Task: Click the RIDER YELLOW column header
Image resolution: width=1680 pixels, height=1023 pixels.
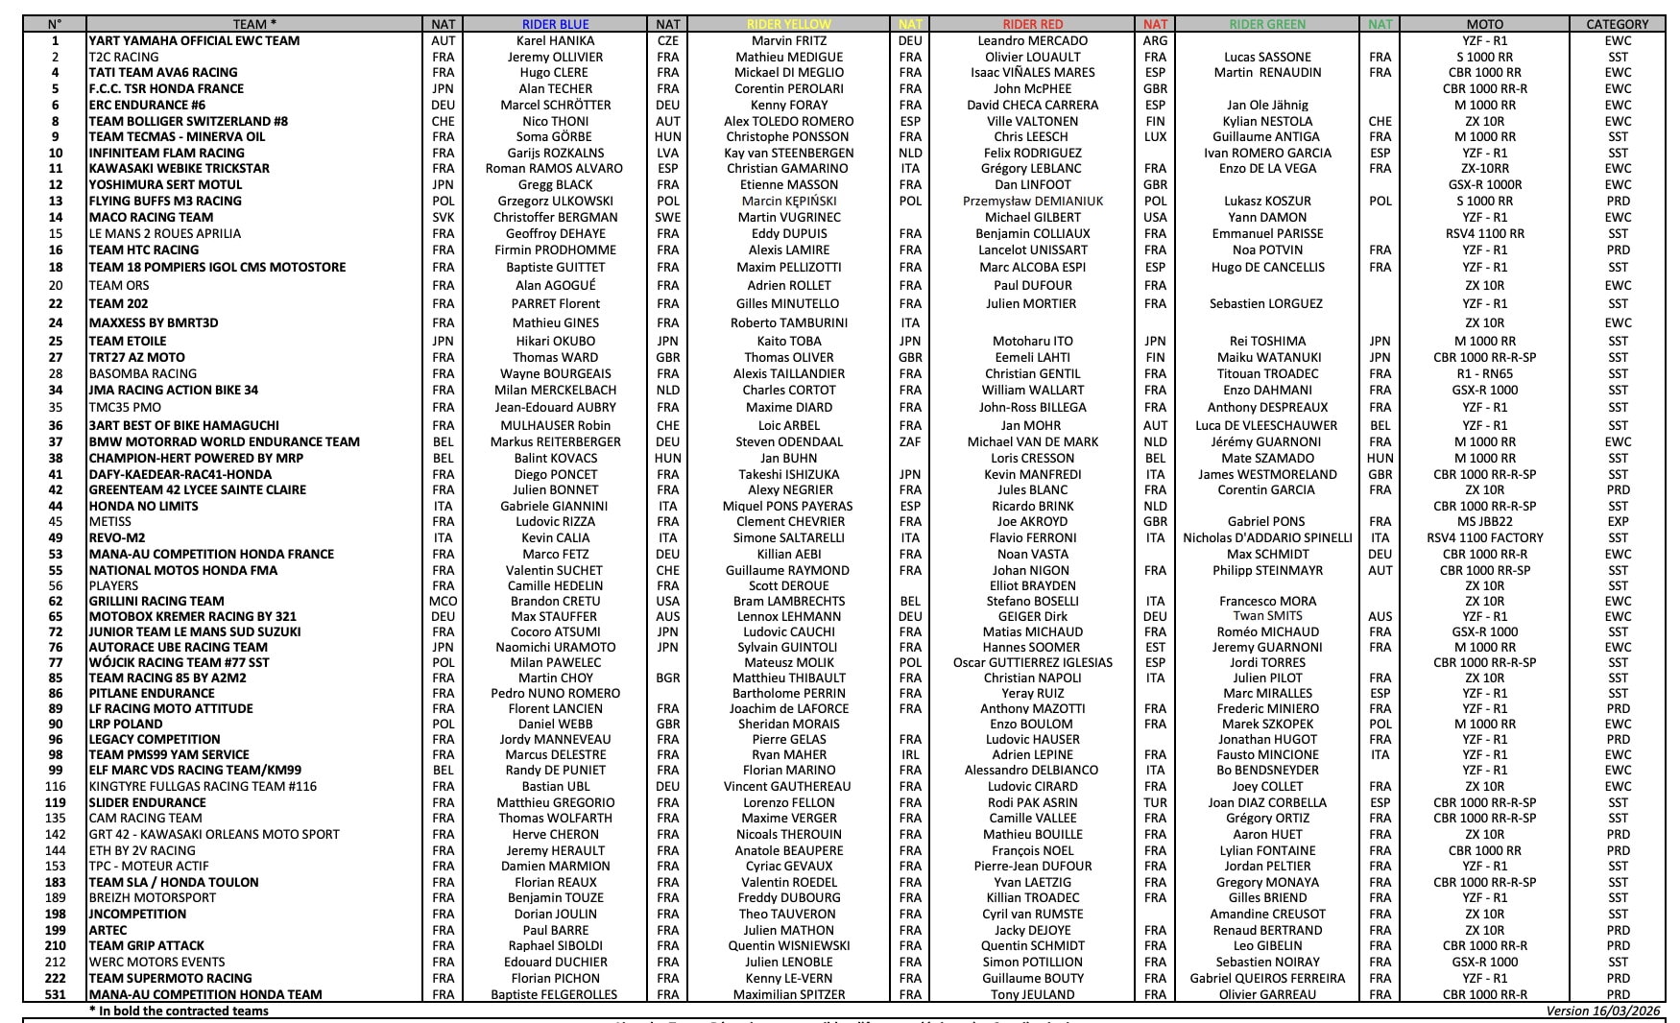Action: (788, 24)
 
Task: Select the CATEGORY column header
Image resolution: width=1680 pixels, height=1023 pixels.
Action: (1617, 24)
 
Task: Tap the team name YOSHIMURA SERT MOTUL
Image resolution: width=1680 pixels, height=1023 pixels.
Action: (165, 184)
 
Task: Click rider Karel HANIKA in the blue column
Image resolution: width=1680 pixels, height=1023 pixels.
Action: (555, 40)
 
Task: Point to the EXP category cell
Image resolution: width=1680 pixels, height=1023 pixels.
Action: (1617, 521)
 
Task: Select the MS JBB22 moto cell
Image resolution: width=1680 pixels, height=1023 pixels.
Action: (1484, 521)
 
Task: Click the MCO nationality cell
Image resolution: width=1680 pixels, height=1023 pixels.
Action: (443, 601)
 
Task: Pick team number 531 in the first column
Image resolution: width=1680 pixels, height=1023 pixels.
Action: (55, 994)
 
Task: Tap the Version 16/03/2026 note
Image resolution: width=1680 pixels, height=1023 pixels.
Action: (1603, 1011)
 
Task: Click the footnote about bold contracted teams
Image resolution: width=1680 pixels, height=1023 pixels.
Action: (179, 1011)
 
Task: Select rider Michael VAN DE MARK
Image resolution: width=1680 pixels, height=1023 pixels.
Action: (1032, 441)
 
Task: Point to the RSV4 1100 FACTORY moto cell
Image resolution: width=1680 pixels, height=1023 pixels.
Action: (1484, 537)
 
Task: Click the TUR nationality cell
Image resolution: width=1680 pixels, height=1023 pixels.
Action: (1155, 802)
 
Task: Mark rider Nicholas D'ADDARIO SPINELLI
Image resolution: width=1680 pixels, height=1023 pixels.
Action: (1267, 537)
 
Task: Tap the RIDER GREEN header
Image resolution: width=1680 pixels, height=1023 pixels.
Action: (1267, 24)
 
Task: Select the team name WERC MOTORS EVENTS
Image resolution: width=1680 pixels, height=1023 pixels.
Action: (156, 962)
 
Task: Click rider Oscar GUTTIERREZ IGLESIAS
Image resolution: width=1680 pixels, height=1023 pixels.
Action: (1032, 662)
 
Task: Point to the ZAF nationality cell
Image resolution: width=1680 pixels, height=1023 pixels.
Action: (909, 441)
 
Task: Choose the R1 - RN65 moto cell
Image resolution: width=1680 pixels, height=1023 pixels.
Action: (1484, 373)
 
